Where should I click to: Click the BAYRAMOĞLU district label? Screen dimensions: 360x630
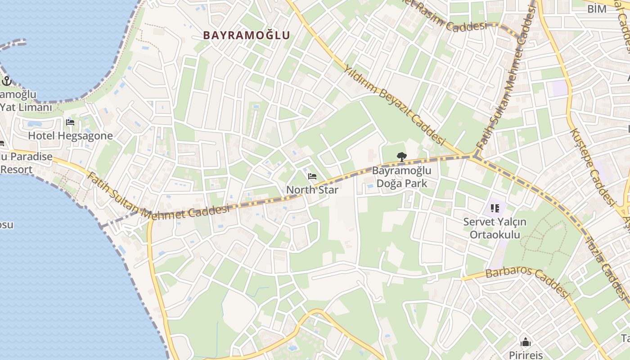tap(246, 35)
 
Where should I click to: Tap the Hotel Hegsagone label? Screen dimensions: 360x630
tap(70, 135)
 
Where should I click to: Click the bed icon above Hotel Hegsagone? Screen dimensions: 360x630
tap(70, 122)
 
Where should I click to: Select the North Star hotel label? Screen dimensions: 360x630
tap(312, 189)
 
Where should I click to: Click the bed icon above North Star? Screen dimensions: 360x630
tap(312, 176)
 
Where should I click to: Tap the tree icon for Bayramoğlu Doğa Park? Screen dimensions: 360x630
tap(401, 157)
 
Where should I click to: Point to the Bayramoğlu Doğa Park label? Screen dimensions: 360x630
tap(401, 177)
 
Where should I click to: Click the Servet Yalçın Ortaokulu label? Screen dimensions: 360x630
tap(495, 228)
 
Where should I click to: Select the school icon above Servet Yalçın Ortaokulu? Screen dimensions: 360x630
tap(495, 208)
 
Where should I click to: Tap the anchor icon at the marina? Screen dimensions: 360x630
tap(6, 81)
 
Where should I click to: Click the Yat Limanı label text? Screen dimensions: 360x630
tap(26, 107)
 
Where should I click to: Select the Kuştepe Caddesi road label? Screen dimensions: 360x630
tap(593, 166)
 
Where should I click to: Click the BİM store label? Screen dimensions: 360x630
tap(597, 9)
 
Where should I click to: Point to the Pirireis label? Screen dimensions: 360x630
tap(526, 355)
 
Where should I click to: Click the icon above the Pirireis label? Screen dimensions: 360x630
tap(525, 341)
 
